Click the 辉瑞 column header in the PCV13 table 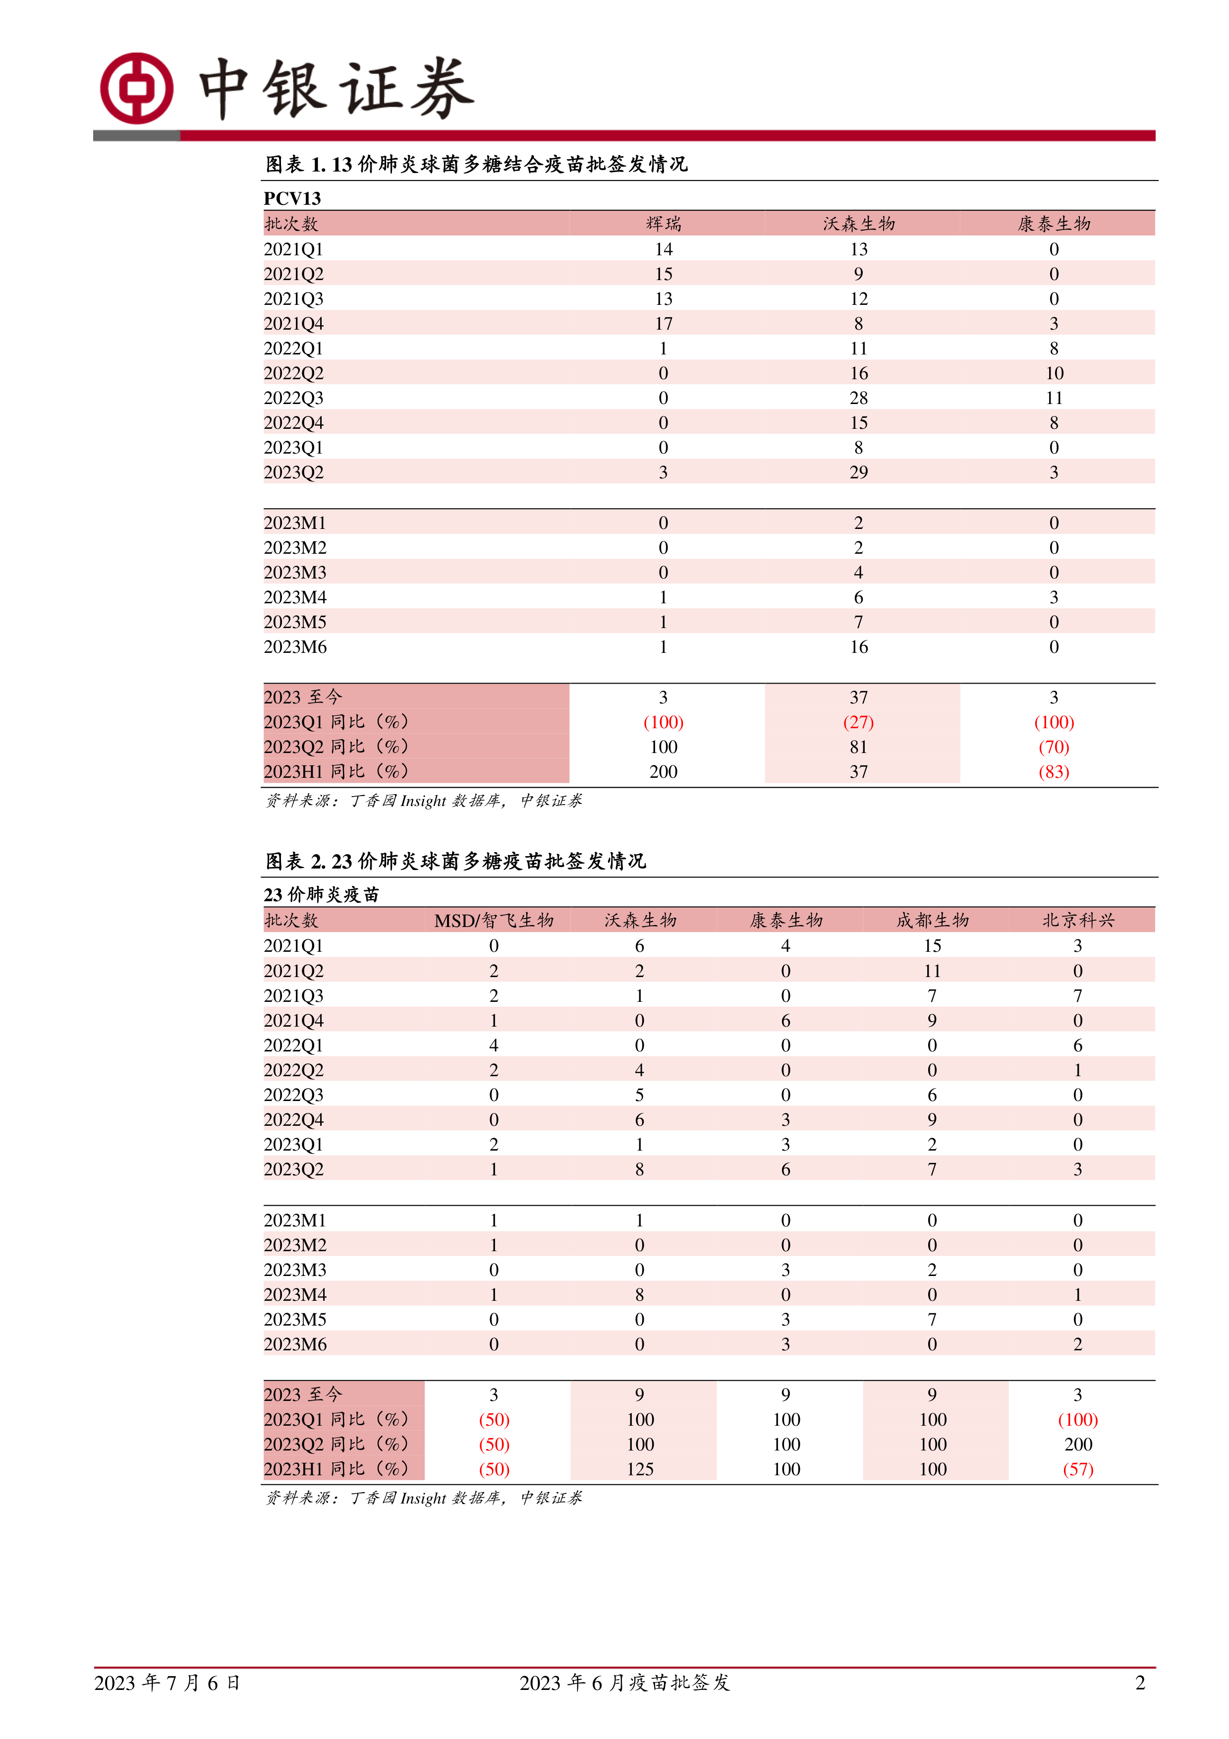click(x=664, y=224)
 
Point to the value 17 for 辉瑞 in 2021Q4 click(x=664, y=323)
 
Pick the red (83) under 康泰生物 click(x=1053, y=772)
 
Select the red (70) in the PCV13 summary click(x=1053, y=747)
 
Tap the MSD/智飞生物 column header click(x=494, y=920)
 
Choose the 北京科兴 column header click(x=1077, y=920)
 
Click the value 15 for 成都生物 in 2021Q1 click(x=932, y=945)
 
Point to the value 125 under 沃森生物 click(x=640, y=1469)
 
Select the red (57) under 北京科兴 click(x=1077, y=1469)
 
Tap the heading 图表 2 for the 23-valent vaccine click(x=455, y=861)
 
